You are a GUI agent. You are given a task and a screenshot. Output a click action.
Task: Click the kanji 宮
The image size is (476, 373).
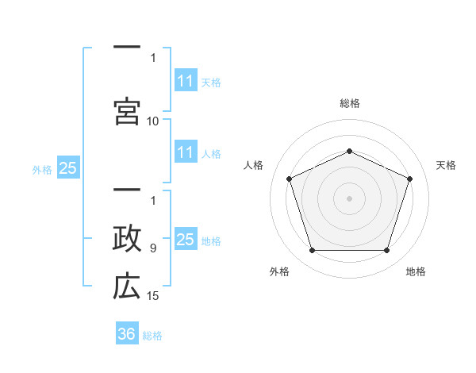[127, 111]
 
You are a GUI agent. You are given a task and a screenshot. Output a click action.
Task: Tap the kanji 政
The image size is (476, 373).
[127, 238]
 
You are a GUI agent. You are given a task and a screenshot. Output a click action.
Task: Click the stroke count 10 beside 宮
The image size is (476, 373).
[152, 121]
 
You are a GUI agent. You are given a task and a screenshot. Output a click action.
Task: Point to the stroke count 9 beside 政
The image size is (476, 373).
[153, 248]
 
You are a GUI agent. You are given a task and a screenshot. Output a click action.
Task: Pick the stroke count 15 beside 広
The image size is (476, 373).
[152, 296]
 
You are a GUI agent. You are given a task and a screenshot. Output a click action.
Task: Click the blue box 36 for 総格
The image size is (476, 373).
[127, 333]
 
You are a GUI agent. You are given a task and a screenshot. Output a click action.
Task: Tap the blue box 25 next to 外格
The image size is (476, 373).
[68, 167]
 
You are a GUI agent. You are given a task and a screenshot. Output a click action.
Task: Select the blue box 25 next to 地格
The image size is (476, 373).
[186, 238]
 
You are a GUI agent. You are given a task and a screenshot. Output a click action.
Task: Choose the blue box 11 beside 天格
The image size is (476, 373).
[186, 80]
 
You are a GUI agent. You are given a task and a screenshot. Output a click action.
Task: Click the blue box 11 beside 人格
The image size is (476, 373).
[186, 152]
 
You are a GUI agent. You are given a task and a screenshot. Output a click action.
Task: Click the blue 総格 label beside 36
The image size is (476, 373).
[152, 336]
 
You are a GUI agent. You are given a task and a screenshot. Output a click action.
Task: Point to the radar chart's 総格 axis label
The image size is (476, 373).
[350, 103]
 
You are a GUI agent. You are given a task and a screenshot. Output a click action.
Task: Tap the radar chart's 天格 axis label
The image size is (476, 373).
[446, 165]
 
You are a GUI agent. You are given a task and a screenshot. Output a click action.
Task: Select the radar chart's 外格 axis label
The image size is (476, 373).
[279, 271]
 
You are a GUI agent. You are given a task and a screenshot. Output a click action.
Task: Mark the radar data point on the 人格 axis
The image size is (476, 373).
[289, 179]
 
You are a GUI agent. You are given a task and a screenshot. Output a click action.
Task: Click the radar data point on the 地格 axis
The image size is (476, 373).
[387, 251]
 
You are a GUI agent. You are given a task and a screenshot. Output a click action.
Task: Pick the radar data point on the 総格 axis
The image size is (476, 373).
[349, 151]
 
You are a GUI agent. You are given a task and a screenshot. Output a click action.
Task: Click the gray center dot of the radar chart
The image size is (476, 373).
[349, 198]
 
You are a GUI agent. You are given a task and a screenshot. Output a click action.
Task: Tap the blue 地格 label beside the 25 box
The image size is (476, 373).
[211, 241]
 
